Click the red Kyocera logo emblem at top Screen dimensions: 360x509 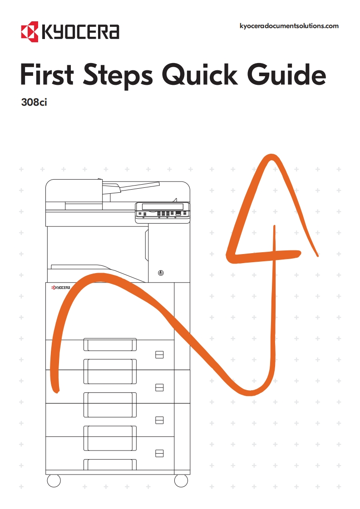[x=30, y=32]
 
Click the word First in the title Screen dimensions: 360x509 [x=47, y=74]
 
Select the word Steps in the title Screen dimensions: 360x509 [x=118, y=76]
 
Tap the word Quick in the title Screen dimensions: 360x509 [x=199, y=75]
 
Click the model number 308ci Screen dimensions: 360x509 [x=34, y=102]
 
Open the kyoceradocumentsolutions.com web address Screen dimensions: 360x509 [x=289, y=26]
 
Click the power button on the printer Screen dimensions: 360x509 [x=161, y=273]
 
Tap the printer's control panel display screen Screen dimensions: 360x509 [x=163, y=207]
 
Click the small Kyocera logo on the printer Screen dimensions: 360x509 [x=61, y=288]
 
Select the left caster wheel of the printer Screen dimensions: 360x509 [x=54, y=481]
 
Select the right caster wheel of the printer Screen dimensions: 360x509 [x=181, y=481]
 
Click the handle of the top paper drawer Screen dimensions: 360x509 [x=110, y=344]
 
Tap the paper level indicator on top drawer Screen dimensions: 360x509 [x=159, y=355]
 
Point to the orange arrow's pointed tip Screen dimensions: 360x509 [x=269, y=156]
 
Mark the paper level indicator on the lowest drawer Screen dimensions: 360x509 [x=159, y=453]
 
